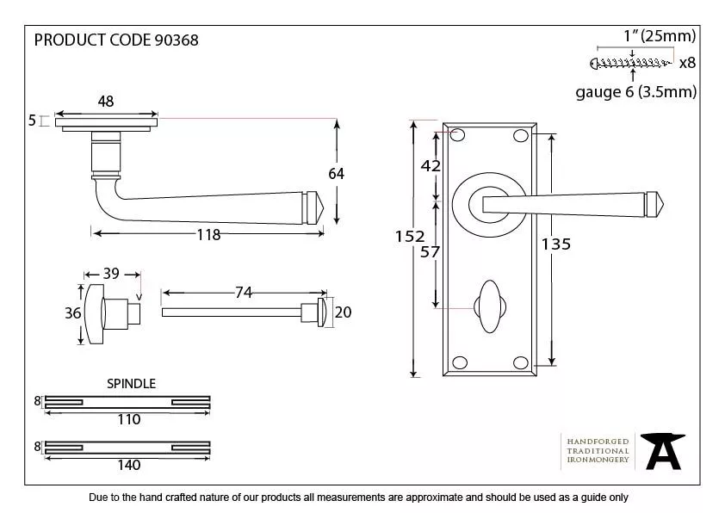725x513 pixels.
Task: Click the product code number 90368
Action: point(177,40)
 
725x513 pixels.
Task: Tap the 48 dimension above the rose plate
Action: point(105,102)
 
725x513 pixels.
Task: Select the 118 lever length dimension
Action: point(208,235)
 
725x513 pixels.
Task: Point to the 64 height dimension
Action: point(336,174)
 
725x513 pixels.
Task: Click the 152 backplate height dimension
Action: point(410,237)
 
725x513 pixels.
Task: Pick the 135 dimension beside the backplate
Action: point(556,244)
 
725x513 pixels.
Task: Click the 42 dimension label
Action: point(431,165)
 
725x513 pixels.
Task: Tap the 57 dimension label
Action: point(430,252)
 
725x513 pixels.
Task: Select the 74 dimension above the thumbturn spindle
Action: point(244,292)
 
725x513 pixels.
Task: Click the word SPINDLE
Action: point(132,384)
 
